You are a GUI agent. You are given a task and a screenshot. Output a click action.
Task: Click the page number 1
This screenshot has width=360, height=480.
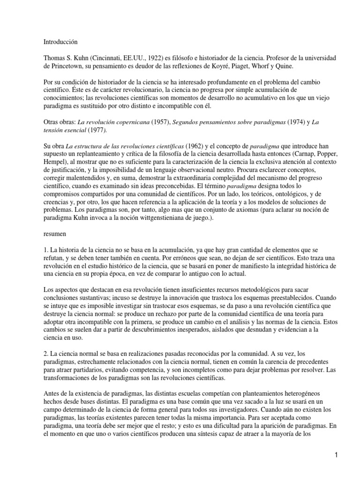pyautogui.click(x=337, y=455)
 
